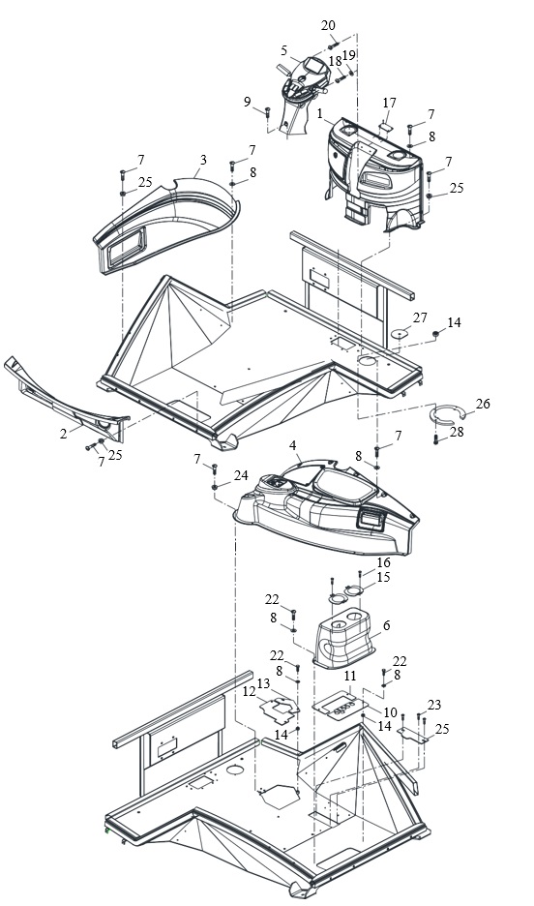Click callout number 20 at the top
point(328,25)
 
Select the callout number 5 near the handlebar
point(284,51)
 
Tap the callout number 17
point(390,103)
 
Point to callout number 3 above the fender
point(203,160)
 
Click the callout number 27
point(420,317)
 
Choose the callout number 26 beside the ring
point(483,404)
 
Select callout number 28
point(457,432)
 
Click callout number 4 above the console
point(293,445)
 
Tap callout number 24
point(241,475)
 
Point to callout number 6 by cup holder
point(387,625)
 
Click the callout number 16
point(384,562)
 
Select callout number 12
point(249,692)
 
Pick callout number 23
point(434,705)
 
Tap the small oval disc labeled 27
point(400,333)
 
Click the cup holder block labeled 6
point(344,639)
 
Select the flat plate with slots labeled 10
point(340,706)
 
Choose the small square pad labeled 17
point(386,125)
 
